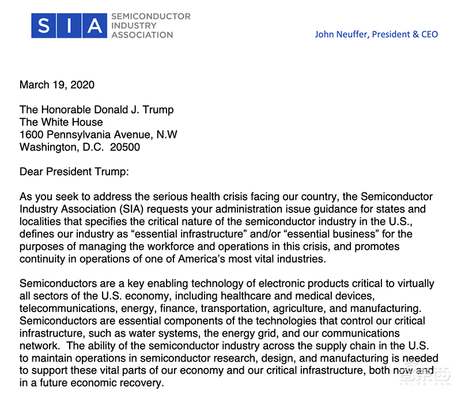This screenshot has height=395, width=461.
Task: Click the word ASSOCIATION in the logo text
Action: click(x=142, y=35)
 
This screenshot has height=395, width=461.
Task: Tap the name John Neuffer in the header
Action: click(x=342, y=34)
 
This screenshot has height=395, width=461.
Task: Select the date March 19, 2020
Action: click(x=57, y=85)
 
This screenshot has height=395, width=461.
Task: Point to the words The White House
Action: click(x=61, y=122)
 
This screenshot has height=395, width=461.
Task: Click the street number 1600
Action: click(x=32, y=134)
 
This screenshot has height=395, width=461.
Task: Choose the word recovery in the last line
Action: click(x=143, y=383)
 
